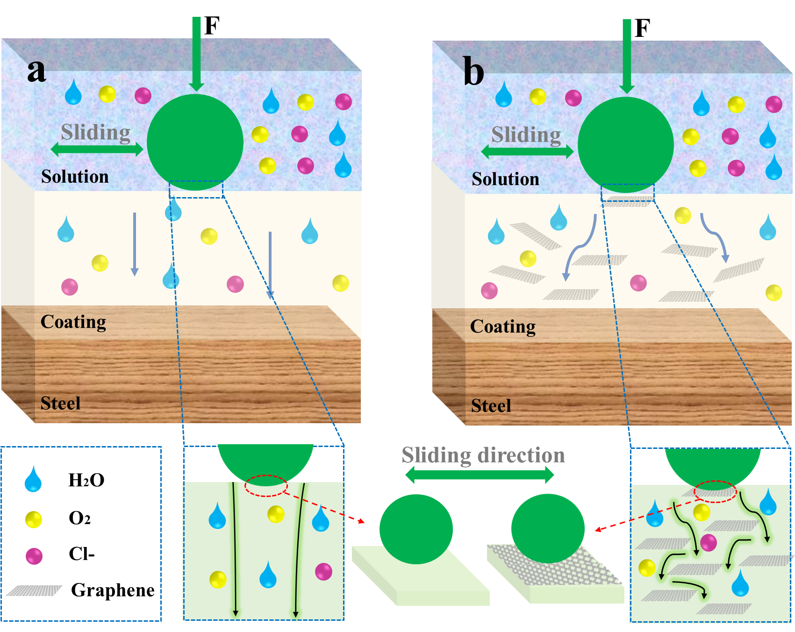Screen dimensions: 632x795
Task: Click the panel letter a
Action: [37, 71]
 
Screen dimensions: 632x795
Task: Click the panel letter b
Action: [473, 72]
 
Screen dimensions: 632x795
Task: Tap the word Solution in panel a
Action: [75, 177]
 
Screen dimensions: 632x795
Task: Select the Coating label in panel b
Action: [503, 327]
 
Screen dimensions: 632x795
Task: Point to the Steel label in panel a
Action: [60, 403]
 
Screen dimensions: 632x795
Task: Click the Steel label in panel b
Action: [491, 405]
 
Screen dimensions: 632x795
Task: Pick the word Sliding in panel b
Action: [526, 135]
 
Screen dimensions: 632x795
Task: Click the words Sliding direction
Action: [483, 455]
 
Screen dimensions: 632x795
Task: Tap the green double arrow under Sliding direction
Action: [480, 475]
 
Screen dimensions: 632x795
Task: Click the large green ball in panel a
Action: [195, 142]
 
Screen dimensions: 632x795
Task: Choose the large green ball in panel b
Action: [625, 145]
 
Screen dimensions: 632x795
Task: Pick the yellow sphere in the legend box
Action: [34, 519]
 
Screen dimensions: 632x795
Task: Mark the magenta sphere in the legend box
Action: [34, 556]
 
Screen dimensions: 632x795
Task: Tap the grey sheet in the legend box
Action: [34, 591]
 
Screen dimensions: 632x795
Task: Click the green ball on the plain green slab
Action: [416, 529]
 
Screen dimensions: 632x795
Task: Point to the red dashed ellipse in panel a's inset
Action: [265, 486]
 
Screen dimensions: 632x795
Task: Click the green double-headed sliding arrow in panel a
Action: [97, 149]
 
